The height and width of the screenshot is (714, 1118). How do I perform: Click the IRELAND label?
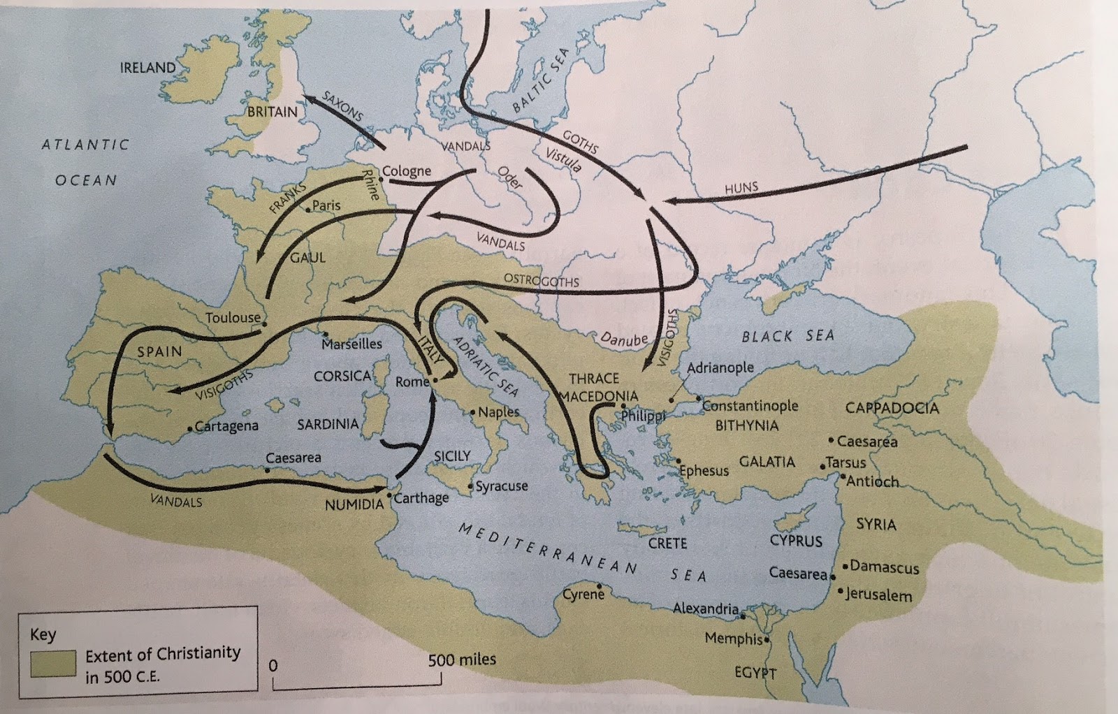(x=147, y=68)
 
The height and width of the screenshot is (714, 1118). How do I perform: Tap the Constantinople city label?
(x=750, y=406)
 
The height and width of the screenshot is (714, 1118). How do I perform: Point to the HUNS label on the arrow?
(x=741, y=189)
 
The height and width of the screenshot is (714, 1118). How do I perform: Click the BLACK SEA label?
(x=787, y=336)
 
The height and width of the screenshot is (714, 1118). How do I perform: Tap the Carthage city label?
(x=421, y=498)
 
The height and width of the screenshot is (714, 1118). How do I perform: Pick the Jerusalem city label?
(x=879, y=595)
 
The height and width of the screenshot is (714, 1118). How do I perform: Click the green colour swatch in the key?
(x=52, y=662)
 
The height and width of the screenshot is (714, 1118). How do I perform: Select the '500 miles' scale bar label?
(x=462, y=659)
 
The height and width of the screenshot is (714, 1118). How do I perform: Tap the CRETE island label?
(x=667, y=543)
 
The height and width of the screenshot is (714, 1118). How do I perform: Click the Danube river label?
(x=625, y=340)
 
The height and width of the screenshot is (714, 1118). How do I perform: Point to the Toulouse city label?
(x=233, y=318)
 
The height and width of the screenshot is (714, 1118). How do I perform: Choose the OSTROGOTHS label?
(x=542, y=280)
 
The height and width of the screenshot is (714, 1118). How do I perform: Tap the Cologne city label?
(x=407, y=171)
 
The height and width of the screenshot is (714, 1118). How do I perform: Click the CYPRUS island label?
(x=796, y=540)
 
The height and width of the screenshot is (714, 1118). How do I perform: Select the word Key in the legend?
(x=43, y=635)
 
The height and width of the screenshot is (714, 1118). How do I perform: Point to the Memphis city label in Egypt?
(x=734, y=639)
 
